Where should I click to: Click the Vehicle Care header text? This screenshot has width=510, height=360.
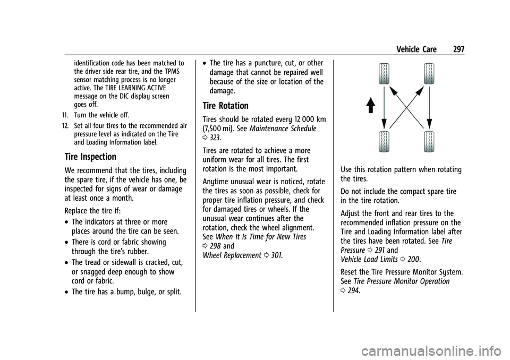pyautogui.click(x=416, y=49)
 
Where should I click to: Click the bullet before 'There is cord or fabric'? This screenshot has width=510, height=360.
pyautogui.click(x=66, y=242)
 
